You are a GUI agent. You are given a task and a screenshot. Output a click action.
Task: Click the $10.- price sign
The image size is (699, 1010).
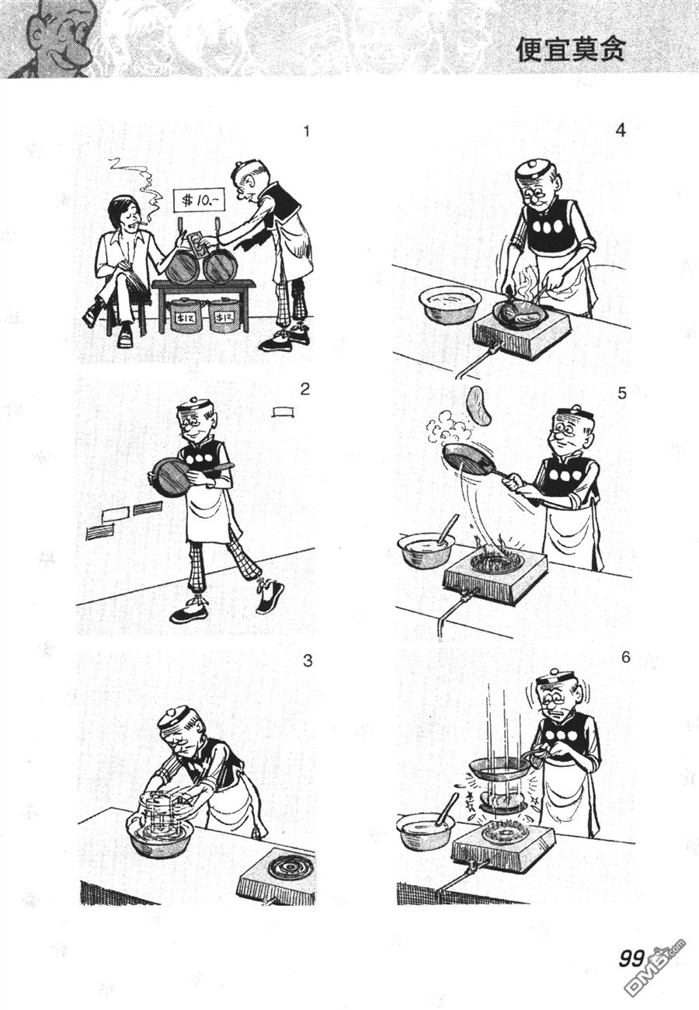point(199,200)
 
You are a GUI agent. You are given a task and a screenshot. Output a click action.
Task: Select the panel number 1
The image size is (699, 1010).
point(307,131)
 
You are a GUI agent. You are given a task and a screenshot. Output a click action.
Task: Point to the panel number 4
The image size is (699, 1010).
point(621,131)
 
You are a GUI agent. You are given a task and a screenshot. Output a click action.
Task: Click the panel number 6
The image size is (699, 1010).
point(625,657)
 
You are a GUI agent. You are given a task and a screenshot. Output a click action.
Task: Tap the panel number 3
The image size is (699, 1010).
point(308,660)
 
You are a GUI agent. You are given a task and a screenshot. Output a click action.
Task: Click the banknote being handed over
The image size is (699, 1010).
point(198,243)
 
